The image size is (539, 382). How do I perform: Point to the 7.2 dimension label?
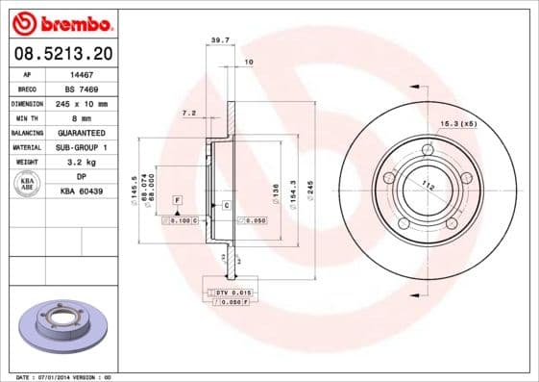coord(189,114)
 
